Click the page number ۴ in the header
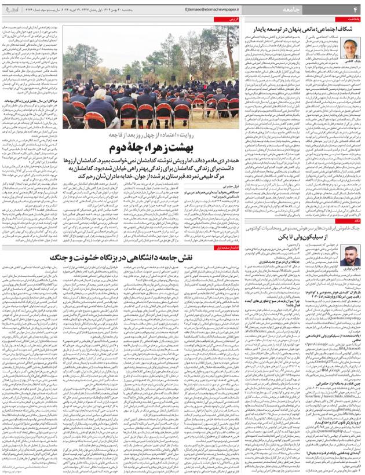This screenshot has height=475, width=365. coord(355,10)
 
